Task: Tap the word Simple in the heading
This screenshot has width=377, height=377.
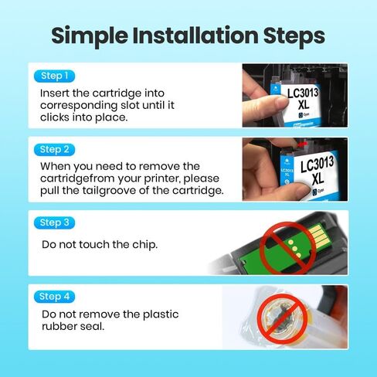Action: pyautogui.click(x=90, y=36)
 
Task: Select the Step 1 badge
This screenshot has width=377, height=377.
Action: pyautogui.click(x=54, y=76)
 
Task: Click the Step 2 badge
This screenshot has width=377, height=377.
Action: pyautogui.click(x=54, y=150)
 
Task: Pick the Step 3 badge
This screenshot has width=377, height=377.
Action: pyautogui.click(x=54, y=222)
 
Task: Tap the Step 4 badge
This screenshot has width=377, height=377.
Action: pyautogui.click(x=54, y=297)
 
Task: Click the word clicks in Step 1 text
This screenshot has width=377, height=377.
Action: pyautogui.click(x=55, y=117)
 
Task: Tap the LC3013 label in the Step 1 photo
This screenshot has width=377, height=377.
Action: pyautogui.click(x=303, y=93)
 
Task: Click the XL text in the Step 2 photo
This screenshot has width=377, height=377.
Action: pyautogui.click(x=318, y=178)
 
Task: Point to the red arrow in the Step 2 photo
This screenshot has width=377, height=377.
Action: pyautogui.click(x=302, y=144)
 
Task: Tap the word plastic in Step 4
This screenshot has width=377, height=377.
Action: pyautogui.click(x=161, y=314)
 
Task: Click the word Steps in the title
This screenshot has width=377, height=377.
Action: pyautogui.click(x=294, y=36)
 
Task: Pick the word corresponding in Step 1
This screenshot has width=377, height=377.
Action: pyautogui.click(x=79, y=106)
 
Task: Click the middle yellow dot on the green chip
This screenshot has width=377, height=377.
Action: pyautogui.click(x=295, y=249)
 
